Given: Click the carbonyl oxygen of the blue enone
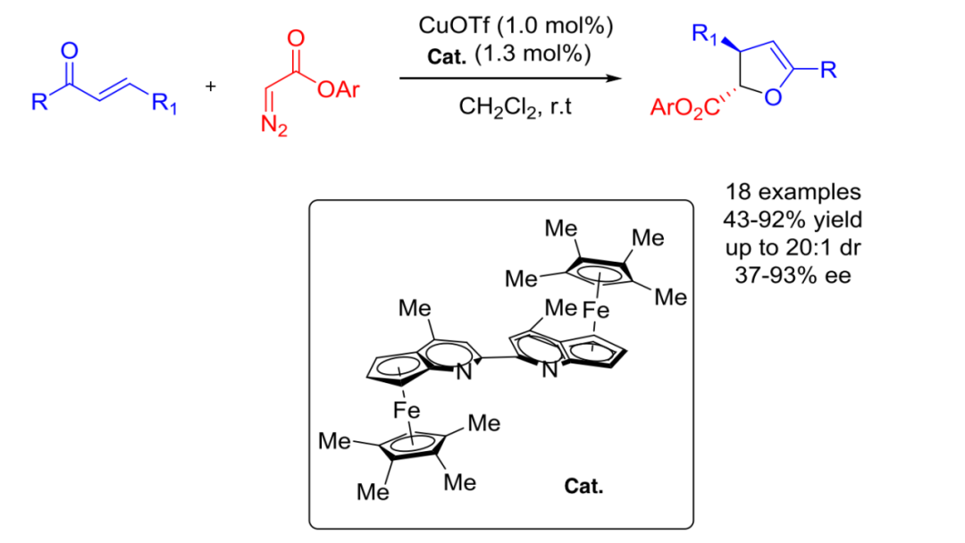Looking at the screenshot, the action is pos(70,50).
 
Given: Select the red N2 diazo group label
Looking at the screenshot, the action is pos(274,126).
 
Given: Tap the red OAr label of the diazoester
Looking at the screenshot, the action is pos(339,90).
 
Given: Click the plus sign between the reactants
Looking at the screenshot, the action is pos(211,86).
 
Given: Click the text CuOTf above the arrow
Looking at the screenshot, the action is pos(454,26).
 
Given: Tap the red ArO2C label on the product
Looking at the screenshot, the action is pos(685,108).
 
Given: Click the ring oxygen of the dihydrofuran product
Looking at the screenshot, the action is pos(773,97).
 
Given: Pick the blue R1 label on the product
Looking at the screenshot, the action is pos(705,35).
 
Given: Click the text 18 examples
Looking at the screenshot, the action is pos(793,192).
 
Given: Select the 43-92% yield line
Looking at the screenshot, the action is pos(793,220).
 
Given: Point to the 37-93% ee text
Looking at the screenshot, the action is pos(793,275).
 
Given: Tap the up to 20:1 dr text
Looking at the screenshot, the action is pos(793,247).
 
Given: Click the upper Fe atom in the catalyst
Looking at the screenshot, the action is pos(596,309).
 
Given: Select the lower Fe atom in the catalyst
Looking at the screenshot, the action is pos(407,410).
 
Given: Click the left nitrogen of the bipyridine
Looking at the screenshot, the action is pos(464,372).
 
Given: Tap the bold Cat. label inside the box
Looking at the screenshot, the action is pos(583,487).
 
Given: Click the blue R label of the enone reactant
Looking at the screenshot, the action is pos(39,102).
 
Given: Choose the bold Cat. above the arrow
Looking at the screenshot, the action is pos(447,56).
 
